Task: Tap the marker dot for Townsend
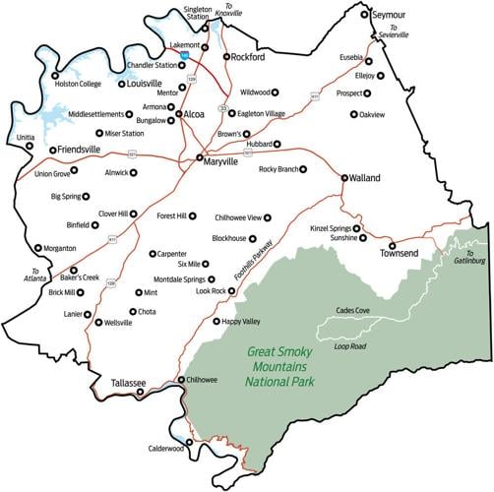392,245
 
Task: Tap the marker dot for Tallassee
139,392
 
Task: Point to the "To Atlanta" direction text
37,275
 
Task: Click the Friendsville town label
83,151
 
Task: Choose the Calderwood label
169,448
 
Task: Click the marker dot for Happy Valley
216,321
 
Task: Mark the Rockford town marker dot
225,57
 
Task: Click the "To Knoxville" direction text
228,17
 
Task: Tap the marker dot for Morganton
38,248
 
